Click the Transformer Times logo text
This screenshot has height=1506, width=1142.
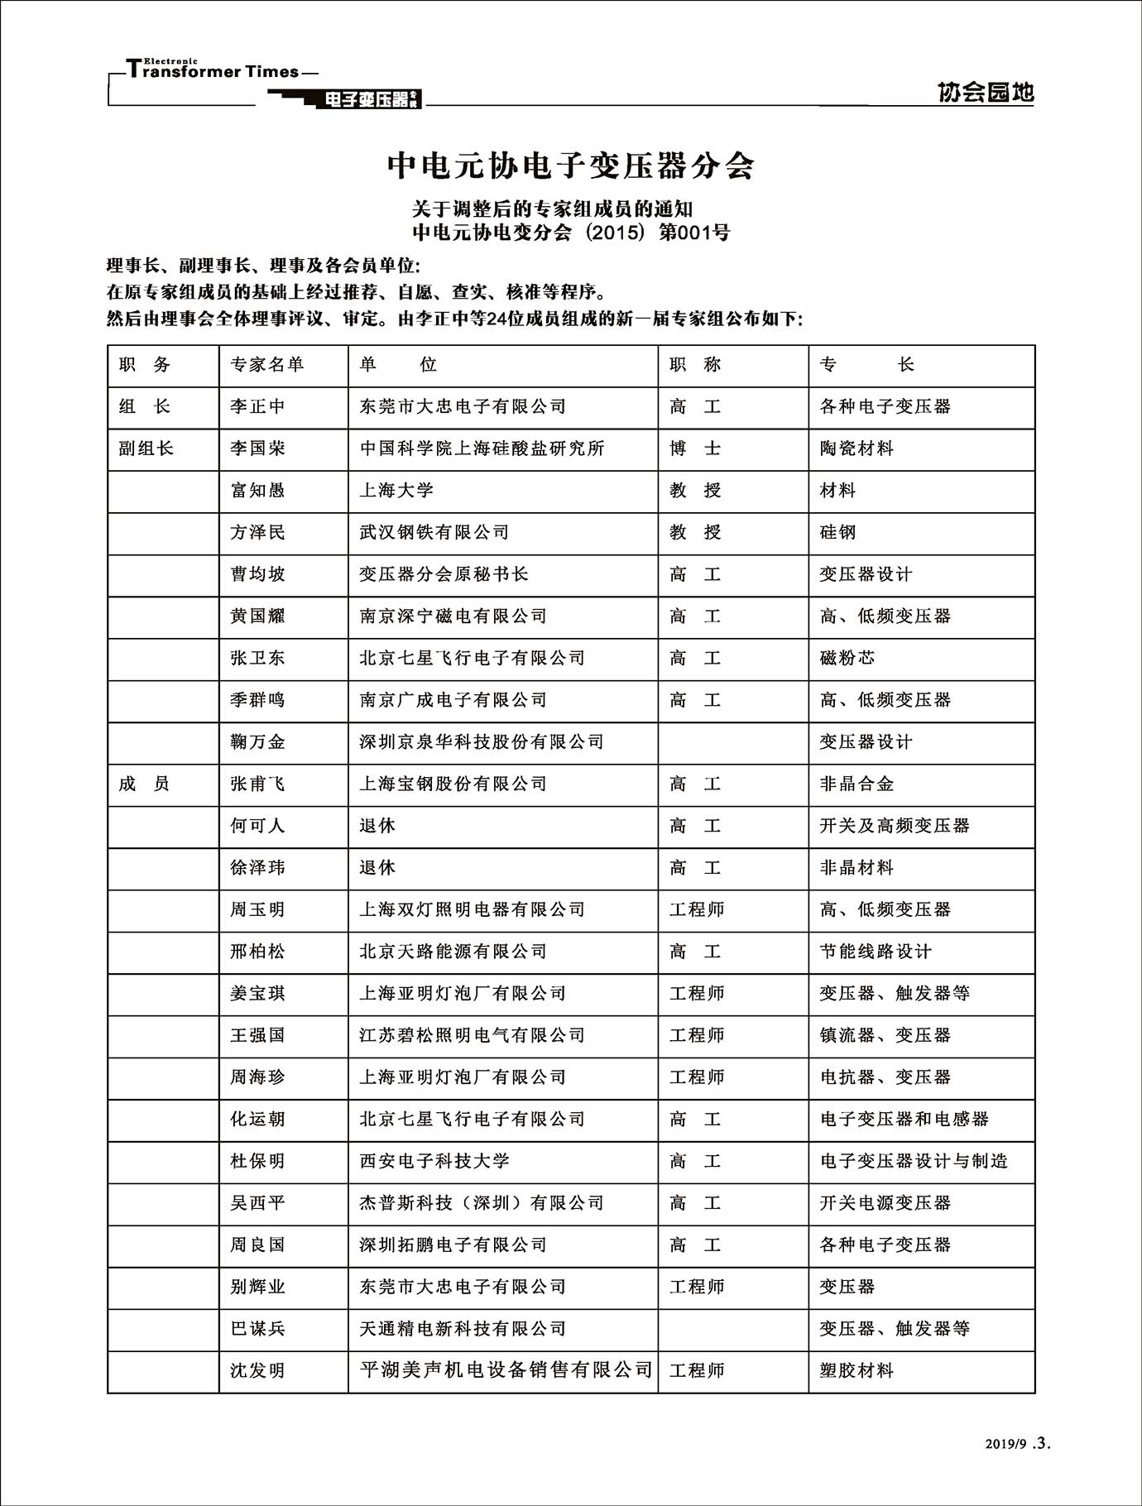coord(214,70)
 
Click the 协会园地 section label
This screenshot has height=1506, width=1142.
coord(986,93)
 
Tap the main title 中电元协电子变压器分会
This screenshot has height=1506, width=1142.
coord(570,165)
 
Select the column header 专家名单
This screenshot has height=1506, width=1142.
coord(266,365)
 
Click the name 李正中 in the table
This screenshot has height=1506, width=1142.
coord(257,407)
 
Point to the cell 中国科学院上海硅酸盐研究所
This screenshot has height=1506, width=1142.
coord(482,448)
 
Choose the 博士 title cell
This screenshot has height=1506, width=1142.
coord(695,448)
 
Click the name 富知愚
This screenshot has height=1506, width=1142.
coord(257,491)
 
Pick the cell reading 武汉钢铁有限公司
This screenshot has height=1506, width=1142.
coord(434,532)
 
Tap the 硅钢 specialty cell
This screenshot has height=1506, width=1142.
coord(837,532)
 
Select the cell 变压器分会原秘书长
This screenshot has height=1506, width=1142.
coord(444,574)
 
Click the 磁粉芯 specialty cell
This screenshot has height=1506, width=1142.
coord(847,658)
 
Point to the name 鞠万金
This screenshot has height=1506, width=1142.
coord(257,742)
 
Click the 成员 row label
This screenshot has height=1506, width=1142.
coord(144,784)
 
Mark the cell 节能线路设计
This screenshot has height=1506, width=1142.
coord(876,952)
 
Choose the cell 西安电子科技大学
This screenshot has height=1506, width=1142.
coord(434,1161)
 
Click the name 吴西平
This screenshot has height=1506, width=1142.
coord(257,1203)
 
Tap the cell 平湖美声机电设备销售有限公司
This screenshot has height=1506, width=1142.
coord(506,1370)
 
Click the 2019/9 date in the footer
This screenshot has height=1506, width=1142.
coord(1005,1444)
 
